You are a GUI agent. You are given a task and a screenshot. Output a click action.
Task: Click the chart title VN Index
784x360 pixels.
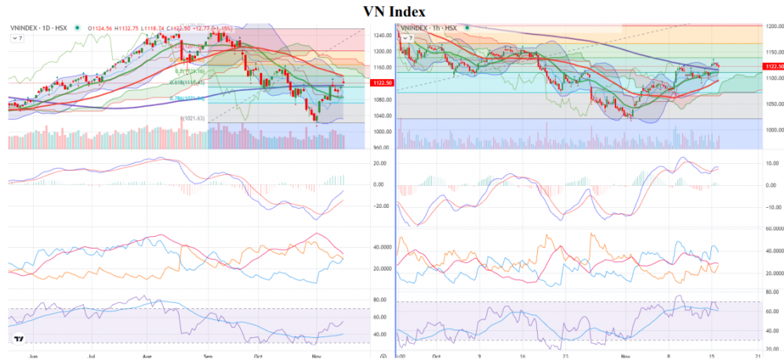[x=394, y=11]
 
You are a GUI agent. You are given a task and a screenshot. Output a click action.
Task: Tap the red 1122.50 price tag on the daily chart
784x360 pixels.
[x=380, y=82]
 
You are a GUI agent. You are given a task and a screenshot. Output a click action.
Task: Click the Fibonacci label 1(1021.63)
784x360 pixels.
[x=192, y=118]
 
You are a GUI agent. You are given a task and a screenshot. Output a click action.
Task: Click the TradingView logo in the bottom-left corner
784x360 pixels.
[x=16, y=340]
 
